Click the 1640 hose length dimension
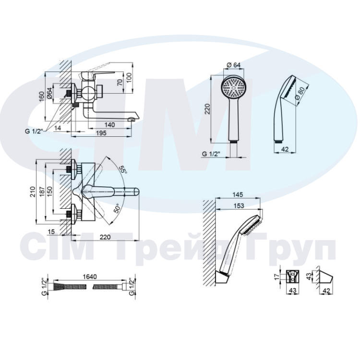[x=90, y=276]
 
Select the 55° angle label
[x=123, y=169]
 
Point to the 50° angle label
[x=117, y=208]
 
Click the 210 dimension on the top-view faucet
[x=33, y=192]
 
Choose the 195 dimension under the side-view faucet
[x=101, y=133]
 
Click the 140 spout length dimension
[x=109, y=125]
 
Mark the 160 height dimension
[x=41, y=97]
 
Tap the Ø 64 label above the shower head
[x=233, y=65]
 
